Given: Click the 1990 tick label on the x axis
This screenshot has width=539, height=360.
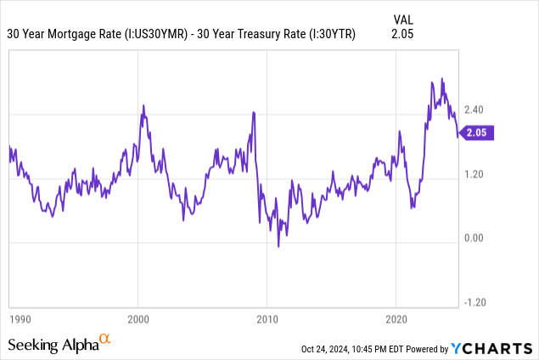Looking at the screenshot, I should pos(20,319).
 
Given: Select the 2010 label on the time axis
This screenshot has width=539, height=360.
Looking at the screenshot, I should pos(267,319).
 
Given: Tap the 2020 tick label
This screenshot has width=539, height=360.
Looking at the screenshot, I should pos(396,319).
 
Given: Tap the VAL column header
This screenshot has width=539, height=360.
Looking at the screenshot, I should pos(404,18).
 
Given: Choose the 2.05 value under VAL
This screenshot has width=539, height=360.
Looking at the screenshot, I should pos(404,34).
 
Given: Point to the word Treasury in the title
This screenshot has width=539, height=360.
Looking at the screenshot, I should pos(263,34).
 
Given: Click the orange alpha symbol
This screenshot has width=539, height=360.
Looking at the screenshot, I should pos(105,339).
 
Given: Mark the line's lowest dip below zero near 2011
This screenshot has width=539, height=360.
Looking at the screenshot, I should pos(278,246).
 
